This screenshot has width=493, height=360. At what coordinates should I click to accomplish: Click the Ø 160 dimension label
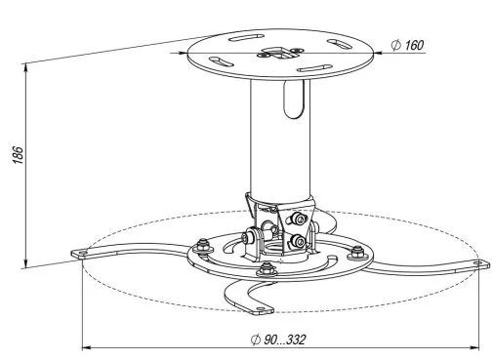pos(407,45)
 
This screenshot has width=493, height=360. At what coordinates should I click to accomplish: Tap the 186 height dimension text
pos(19,155)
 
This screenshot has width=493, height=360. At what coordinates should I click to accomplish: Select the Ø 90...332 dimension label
pos(278,340)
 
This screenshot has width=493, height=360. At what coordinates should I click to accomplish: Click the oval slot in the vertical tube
pos(294,99)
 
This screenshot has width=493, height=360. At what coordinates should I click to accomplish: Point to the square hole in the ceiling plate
pos(277,53)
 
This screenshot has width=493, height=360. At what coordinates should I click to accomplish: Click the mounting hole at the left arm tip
pos(82,253)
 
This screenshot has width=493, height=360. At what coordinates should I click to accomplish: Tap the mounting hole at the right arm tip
pos(477,262)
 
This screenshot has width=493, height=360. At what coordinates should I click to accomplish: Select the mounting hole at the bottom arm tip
pos(261,308)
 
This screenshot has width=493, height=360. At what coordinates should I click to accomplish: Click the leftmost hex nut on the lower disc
pos(203,247)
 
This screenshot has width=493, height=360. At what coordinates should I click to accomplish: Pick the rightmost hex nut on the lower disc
pos(357,253)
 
